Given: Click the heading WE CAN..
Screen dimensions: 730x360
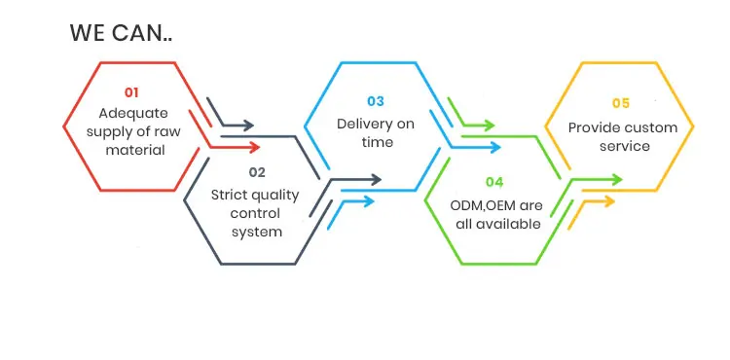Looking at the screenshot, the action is pyautogui.click(x=121, y=33).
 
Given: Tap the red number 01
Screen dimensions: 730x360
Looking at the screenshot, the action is pyautogui.click(x=131, y=92).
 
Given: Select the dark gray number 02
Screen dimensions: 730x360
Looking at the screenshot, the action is pyautogui.click(x=257, y=172).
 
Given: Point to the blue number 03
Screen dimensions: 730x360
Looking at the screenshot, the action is pyautogui.click(x=376, y=101).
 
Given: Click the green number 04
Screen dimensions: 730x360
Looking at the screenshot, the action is pyautogui.click(x=494, y=182).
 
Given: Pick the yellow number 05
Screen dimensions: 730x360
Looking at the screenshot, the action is pyautogui.click(x=621, y=103).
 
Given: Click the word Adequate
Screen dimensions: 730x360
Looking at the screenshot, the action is pyautogui.click(x=133, y=114).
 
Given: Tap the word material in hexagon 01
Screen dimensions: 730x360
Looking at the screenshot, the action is pyautogui.click(x=135, y=150).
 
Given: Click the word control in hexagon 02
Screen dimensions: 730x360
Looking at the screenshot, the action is pyautogui.click(x=255, y=213).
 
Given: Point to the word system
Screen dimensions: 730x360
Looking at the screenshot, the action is pyautogui.click(x=257, y=233).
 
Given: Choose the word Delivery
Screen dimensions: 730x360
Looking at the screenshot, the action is pyautogui.click(x=363, y=125).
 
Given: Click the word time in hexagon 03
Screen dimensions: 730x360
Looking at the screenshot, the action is pyautogui.click(x=378, y=142).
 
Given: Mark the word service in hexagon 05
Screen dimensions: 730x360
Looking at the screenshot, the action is pyautogui.click(x=625, y=147).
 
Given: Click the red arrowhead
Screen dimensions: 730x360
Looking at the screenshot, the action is pyautogui.click(x=254, y=148).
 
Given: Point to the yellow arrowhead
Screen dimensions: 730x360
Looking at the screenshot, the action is pyautogui.click(x=609, y=201).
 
